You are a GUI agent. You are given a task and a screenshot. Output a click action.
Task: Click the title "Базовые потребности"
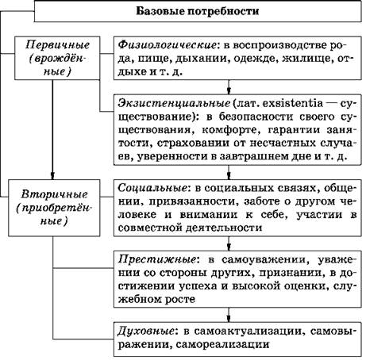pyautogui.click(x=198, y=11)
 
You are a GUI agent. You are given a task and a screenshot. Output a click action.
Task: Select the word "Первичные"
pyautogui.click(x=57, y=45)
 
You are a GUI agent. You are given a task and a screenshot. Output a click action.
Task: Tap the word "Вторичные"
pyautogui.click(x=54, y=194)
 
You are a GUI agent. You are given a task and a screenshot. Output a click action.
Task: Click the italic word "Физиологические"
pyautogui.click(x=167, y=45)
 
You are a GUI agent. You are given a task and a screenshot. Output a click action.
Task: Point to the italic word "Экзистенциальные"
pyautogui.click(x=174, y=103)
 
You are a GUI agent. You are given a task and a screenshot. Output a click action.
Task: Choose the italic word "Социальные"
pyautogui.click(x=152, y=188)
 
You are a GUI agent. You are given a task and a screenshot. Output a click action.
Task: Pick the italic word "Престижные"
pyautogui.click(x=157, y=259)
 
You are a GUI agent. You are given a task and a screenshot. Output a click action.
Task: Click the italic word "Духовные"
pyautogui.click(x=146, y=331)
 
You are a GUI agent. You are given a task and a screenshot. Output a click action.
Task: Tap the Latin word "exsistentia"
pyautogui.click(x=293, y=103)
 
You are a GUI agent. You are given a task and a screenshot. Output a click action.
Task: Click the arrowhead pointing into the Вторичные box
pyautogui.click(x=52, y=176)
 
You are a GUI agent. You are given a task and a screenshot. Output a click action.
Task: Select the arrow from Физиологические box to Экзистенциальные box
pyautogui.click(x=229, y=87)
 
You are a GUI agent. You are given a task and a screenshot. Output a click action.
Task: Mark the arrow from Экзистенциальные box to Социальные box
pyautogui.click(x=229, y=172)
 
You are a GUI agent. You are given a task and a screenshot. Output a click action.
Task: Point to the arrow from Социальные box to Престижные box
pyautogui.click(x=229, y=243)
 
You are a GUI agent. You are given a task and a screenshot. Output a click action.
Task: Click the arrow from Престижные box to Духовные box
pyautogui.click(x=229, y=315)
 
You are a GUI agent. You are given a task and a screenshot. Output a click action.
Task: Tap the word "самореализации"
pyautogui.click(x=222, y=344)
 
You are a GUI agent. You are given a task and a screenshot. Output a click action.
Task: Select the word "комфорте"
pyautogui.click(x=232, y=130)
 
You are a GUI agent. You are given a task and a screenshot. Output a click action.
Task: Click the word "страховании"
pyautogui.click(x=193, y=143)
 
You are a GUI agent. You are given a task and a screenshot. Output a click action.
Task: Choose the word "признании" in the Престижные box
pyautogui.click(x=290, y=273)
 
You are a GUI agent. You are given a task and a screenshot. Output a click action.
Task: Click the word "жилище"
pyautogui.click(x=307, y=59)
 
